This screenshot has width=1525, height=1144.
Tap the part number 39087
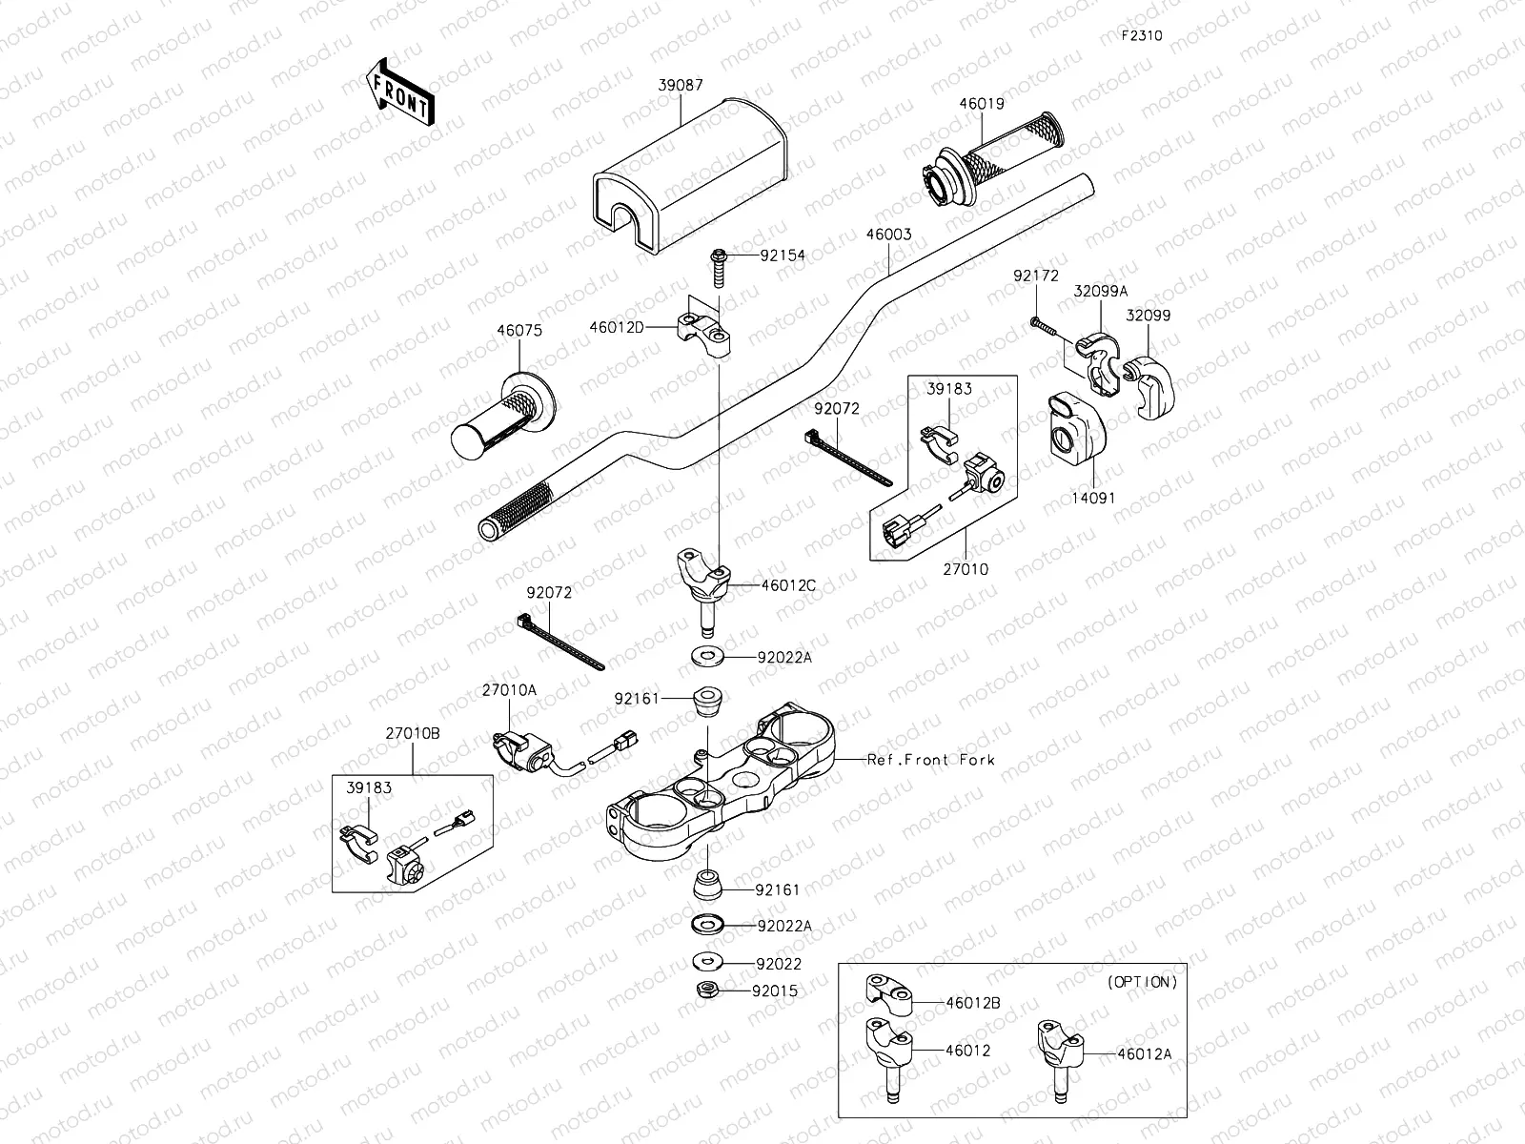pos(681,86)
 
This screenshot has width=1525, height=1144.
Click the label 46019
pos(982,104)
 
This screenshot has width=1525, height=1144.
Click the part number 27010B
pos(413,733)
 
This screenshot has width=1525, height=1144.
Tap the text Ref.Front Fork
pos(930,760)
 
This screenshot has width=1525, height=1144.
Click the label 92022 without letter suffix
pos(779,964)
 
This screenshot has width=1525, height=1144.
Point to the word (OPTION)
pos(1142,981)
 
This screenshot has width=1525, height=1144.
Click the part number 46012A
pos(1145,1054)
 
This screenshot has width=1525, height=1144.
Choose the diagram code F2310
pos(1142,36)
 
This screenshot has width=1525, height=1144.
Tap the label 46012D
pos(617,328)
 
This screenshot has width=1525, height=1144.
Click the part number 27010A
pos(509,689)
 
